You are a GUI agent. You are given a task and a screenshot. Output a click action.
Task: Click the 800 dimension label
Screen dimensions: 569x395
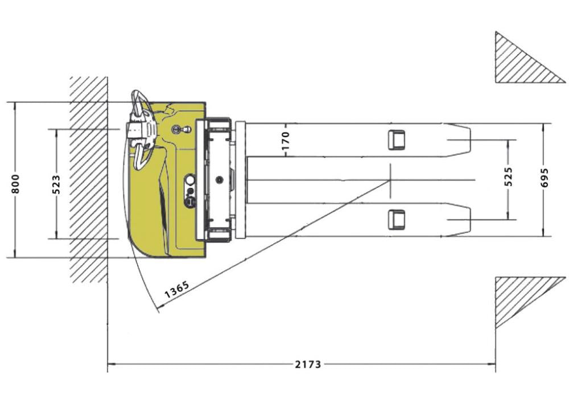pos(16,184)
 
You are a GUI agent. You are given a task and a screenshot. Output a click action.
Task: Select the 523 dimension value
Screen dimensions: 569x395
pos(56,184)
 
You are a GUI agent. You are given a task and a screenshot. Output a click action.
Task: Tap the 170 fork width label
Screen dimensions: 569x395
pos(286,141)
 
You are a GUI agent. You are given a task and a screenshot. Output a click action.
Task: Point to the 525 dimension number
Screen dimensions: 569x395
pos(509,177)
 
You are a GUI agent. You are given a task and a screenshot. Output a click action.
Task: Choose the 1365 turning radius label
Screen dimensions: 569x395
pos(177,289)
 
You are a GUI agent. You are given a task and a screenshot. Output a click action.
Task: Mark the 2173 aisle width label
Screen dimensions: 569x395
pos(308,364)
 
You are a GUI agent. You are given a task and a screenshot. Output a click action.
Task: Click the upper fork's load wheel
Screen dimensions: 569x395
pos(396,140)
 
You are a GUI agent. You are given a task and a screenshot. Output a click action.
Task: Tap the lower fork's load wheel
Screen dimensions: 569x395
pos(396,220)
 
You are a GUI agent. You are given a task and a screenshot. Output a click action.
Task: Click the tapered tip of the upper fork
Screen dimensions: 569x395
pos(459,140)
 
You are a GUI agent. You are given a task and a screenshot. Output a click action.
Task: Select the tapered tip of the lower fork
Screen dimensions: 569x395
pos(459,220)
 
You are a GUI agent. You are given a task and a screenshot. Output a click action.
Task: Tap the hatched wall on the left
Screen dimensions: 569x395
pos(89,180)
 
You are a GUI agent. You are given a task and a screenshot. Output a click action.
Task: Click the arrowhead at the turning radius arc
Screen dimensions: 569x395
pos(159,308)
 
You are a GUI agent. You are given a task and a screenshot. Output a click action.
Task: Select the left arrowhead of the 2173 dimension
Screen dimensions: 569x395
pos(112,363)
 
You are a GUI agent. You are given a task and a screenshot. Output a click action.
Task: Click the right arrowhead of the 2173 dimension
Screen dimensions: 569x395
pos(492,363)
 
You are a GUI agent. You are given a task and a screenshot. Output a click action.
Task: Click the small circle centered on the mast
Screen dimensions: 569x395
pos(219,179)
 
